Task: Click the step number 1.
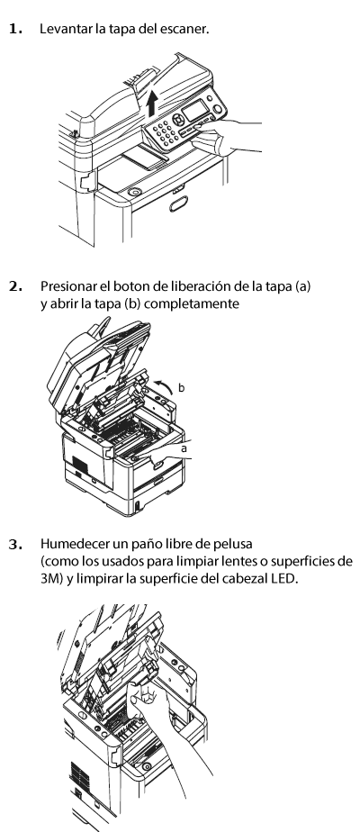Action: tap(16, 29)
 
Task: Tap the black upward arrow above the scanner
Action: tap(152, 103)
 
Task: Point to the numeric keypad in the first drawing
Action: tap(166, 132)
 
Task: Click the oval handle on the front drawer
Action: tap(179, 203)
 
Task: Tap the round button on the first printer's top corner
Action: tap(135, 192)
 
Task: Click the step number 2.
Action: tap(16, 286)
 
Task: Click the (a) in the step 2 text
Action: tap(303, 286)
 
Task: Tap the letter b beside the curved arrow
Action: tap(181, 388)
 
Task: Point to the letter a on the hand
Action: tap(184, 449)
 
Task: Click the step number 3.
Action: tap(16, 545)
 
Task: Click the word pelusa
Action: tap(234, 544)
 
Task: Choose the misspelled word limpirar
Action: tap(100, 579)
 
